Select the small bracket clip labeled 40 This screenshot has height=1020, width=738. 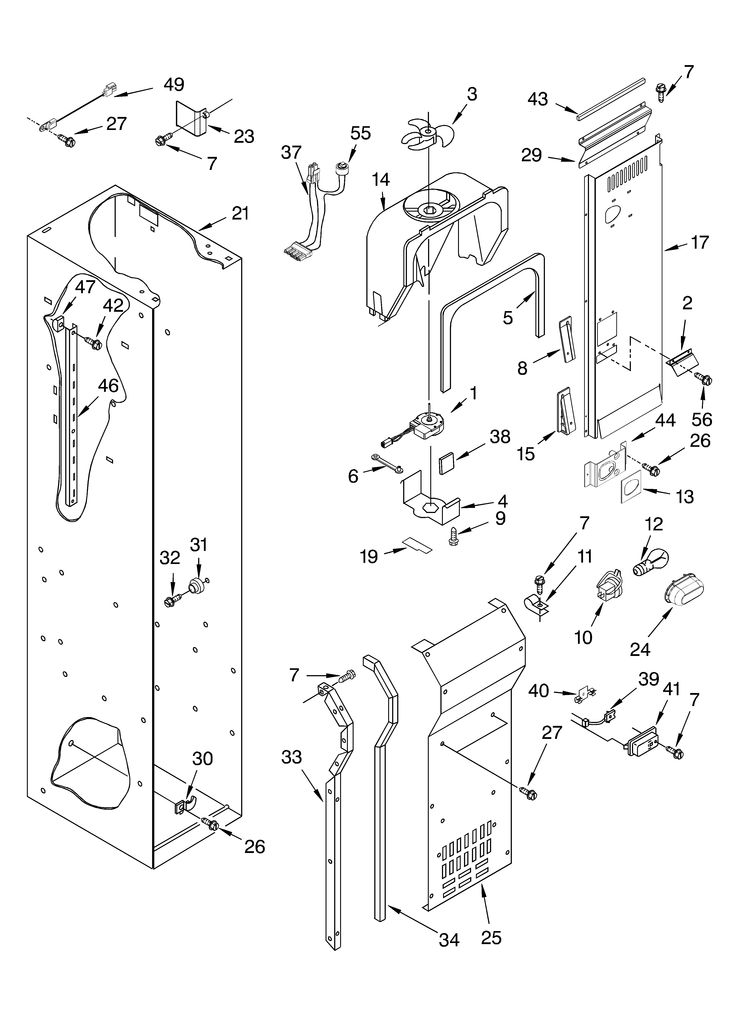584,697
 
